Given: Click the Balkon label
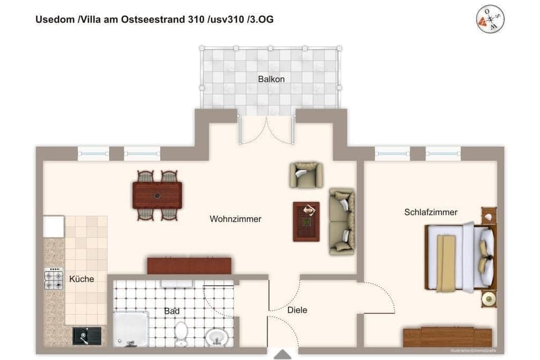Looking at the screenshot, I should (271, 79).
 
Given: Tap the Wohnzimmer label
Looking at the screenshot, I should (235, 219).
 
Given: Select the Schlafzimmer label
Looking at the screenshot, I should (430, 212).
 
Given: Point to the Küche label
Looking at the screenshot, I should (82, 279).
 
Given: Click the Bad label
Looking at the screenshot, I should (172, 310).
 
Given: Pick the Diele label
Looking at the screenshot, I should (297, 310).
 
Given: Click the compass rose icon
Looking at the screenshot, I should (489, 20).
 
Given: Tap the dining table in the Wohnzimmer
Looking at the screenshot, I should (157, 195).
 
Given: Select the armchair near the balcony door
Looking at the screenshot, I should (306, 174).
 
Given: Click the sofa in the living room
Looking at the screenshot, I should (341, 221).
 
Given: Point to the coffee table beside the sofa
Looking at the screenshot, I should (306, 221).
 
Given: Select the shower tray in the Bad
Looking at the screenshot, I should (131, 328).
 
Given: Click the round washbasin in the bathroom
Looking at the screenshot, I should (217, 337).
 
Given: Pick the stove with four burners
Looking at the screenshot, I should (54, 278).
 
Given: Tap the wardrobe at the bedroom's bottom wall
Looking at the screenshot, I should (443, 336).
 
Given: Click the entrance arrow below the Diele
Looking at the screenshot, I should (282, 354).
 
